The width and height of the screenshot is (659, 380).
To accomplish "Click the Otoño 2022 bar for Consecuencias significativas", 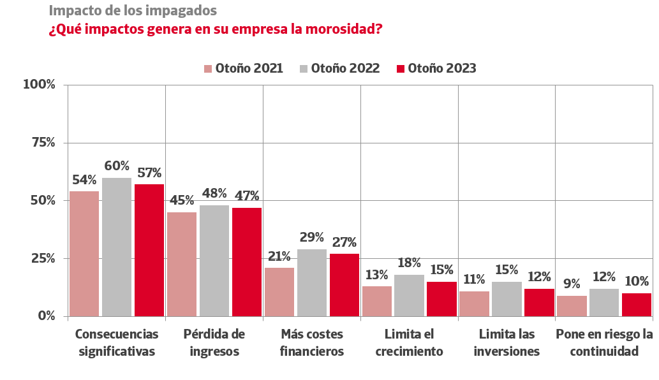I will pyautogui.click(x=117, y=247).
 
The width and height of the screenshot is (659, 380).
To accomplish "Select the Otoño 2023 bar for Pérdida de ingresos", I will pyautogui.click(x=247, y=261).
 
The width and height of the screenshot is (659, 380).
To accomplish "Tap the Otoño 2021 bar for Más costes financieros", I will pyautogui.click(x=279, y=291).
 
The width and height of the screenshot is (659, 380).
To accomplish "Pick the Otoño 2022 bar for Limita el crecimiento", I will pyautogui.click(x=409, y=295).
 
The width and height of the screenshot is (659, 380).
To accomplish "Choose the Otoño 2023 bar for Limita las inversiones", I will pyautogui.click(x=539, y=302).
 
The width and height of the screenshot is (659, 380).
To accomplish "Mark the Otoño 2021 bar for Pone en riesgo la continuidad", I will pyautogui.click(x=572, y=305).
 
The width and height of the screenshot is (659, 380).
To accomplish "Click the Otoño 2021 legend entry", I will pyautogui.click(x=244, y=69).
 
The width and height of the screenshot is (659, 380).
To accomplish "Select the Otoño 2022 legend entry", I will pyautogui.click(x=340, y=69).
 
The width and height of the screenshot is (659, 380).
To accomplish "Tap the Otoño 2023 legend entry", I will pyautogui.click(x=436, y=69).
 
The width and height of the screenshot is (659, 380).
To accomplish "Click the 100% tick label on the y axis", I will pyautogui.click(x=40, y=85).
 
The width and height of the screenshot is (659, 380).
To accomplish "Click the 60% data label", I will pyautogui.click(x=117, y=166).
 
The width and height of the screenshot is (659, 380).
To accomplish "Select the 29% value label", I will pyautogui.click(x=312, y=238).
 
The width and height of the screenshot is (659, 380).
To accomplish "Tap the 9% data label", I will pyautogui.click(x=572, y=284).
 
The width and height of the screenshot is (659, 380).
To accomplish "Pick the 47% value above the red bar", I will pyautogui.click(x=247, y=196).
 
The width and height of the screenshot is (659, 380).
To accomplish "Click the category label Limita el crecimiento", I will pyautogui.click(x=409, y=342).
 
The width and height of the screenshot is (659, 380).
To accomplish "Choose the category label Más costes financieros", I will pyautogui.click(x=312, y=342).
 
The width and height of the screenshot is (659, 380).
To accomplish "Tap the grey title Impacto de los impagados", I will pyautogui.click(x=133, y=11).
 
